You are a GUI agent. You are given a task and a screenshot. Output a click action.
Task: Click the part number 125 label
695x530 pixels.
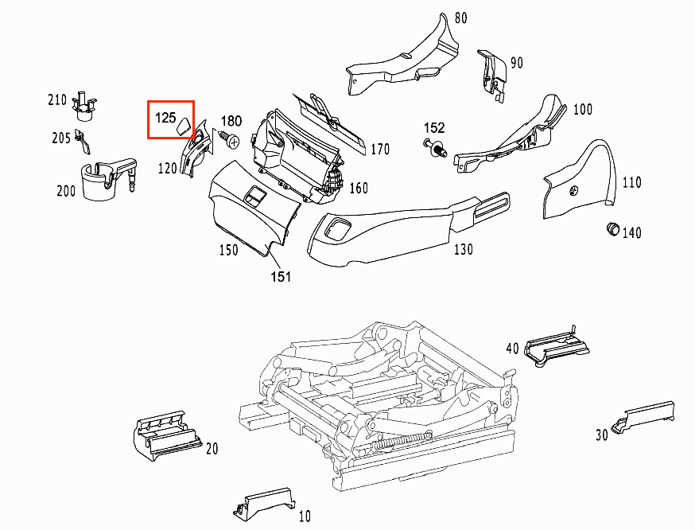click(x=165, y=118)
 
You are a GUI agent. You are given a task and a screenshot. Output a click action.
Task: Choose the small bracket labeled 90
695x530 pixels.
click(x=491, y=73)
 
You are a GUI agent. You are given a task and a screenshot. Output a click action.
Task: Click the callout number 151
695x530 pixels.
click(x=281, y=276)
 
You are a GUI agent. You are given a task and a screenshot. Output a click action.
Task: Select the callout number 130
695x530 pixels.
click(x=463, y=249)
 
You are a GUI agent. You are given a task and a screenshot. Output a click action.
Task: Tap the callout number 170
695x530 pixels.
click(x=380, y=149)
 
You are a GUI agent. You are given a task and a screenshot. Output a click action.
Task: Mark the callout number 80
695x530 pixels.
click(x=461, y=18)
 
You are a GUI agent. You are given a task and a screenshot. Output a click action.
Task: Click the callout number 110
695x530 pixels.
click(x=631, y=182)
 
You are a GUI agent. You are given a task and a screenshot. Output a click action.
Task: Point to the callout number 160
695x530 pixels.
click(x=359, y=188)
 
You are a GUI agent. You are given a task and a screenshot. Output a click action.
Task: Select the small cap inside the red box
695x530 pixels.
click(x=183, y=124)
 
